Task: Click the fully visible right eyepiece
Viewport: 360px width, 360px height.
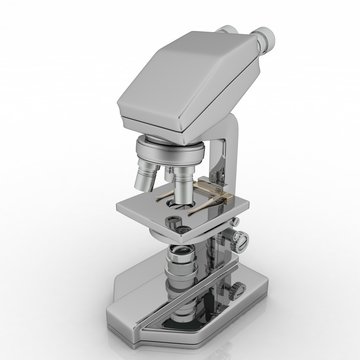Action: (262, 42)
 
